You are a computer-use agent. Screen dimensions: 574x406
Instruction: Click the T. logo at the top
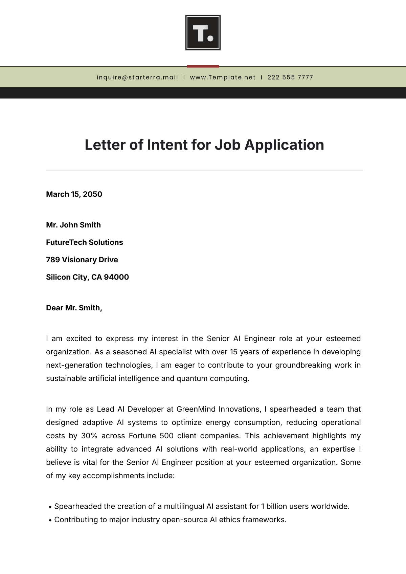203,32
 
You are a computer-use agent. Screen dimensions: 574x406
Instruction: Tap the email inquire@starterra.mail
137,77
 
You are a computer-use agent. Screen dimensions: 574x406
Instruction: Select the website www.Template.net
223,77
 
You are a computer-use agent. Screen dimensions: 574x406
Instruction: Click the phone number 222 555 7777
290,77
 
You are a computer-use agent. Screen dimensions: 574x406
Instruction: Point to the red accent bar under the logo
203,66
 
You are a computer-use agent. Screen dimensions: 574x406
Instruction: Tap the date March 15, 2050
74,194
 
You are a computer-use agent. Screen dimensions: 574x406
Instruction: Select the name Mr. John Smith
73,225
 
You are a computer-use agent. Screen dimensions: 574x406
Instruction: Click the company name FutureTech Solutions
85,242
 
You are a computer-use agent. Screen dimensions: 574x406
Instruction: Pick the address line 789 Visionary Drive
82,260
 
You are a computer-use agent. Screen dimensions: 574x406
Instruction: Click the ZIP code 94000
116,277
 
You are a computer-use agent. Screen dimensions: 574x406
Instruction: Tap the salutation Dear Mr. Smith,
74,308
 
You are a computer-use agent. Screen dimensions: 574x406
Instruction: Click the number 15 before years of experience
233,352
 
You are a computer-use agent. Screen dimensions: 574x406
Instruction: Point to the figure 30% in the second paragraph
89,436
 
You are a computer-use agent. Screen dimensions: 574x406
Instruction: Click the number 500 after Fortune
166,436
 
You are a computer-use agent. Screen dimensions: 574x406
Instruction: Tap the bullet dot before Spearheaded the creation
50,507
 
